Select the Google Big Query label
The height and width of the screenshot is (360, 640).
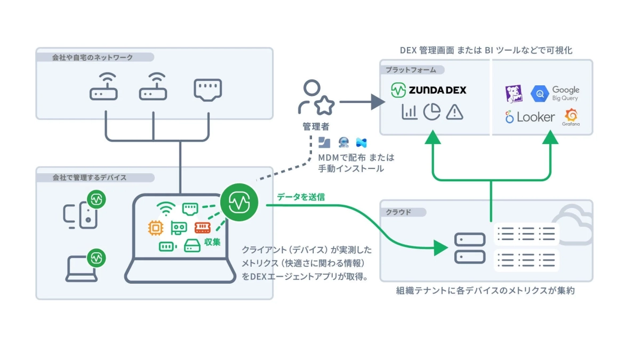pyautogui.click(x=565, y=93)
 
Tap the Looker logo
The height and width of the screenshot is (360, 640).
pyautogui.click(x=530, y=117)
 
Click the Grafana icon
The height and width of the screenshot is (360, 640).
pyautogui.click(x=571, y=115)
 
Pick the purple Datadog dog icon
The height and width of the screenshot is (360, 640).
pyautogui.click(x=513, y=94)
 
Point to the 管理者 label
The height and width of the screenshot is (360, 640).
pyautogui.click(x=315, y=127)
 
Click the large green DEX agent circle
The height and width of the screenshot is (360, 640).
pyautogui.click(x=239, y=202)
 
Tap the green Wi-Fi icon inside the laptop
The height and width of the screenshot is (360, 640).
pyautogui.click(x=165, y=209)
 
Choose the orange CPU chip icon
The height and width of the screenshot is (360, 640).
pyautogui.click(x=156, y=228)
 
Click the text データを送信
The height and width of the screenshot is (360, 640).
pyautogui.click(x=301, y=197)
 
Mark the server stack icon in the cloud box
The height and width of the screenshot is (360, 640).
pyautogui.click(x=470, y=248)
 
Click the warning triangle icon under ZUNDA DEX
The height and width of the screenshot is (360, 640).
pyautogui.click(x=454, y=111)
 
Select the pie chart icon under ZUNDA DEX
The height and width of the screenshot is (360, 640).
pyautogui.click(x=432, y=111)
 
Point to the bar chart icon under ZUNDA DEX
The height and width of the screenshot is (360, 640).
pyautogui.click(x=409, y=112)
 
